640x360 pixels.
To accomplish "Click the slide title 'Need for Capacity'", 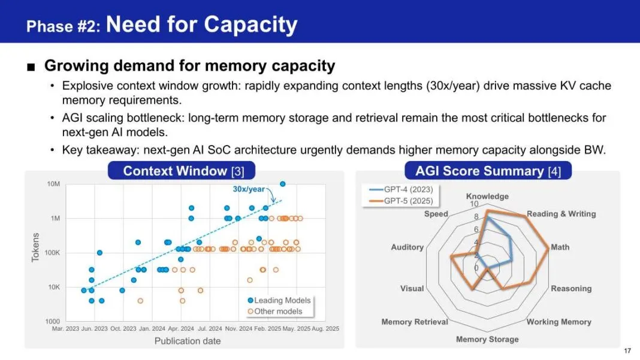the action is tap(201, 25).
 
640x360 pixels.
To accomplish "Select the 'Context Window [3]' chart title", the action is tap(184, 171).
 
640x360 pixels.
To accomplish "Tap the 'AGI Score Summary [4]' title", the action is tap(488, 171).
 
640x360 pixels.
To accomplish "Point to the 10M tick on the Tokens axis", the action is tap(53, 184).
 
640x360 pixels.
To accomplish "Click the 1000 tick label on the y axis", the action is tap(52, 321).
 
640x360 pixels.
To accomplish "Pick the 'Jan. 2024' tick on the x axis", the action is tap(152, 328).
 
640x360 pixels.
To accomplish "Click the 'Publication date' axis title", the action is tap(188, 341).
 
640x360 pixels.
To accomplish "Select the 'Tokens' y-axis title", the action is tap(35, 247).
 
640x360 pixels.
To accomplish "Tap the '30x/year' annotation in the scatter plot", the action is tap(249, 189).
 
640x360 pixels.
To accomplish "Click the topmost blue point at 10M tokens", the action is tap(282, 184).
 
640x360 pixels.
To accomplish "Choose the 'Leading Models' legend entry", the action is tap(279, 301).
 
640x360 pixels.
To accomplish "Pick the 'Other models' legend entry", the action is tap(275, 311).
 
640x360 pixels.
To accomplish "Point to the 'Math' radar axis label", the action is tap(560, 247).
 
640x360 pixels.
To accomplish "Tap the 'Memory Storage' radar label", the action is tap(487, 339).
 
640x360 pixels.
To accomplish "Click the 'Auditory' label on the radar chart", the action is tap(407, 247).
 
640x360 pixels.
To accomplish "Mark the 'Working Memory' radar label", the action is tap(559, 322).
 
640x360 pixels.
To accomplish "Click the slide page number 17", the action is tap(627, 350).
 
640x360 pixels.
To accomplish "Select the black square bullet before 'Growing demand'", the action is tap(31, 66).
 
